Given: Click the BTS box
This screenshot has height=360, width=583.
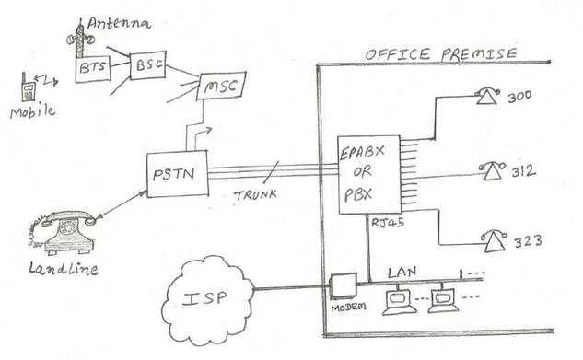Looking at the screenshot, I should click(x=91, y=69).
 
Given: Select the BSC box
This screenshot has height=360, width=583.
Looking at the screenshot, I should click(x=147, y=67).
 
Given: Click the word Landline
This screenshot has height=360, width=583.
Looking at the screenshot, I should click(x=64, y=269).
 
